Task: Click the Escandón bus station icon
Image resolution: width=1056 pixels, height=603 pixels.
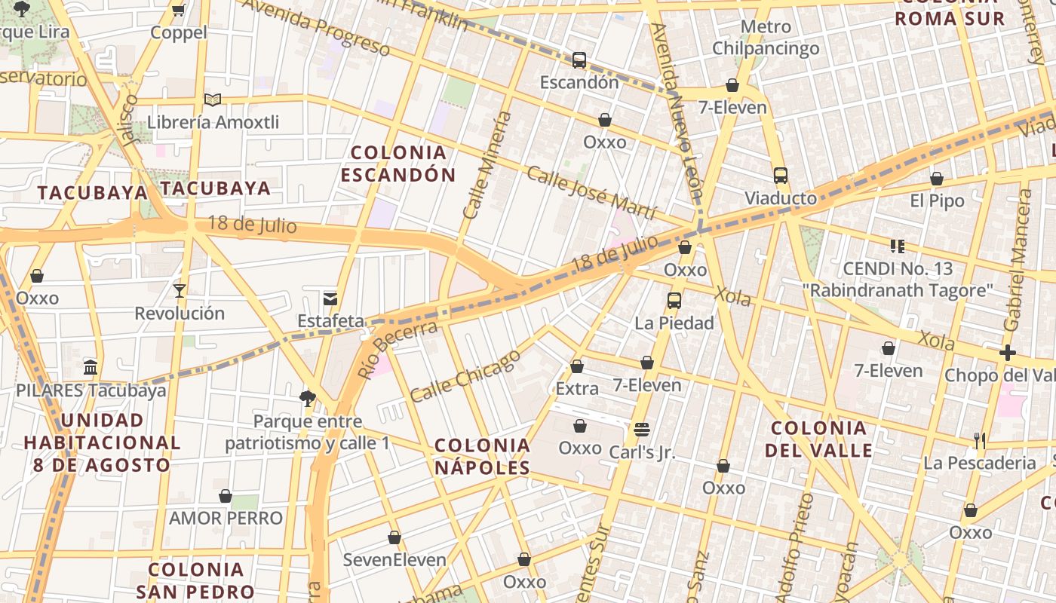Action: (x=579, y=60)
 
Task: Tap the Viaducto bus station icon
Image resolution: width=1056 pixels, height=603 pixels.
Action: (x=781, y=176)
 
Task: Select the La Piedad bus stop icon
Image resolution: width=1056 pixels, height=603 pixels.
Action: (x=674, y=301)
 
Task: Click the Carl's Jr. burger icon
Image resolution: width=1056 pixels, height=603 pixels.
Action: (x=642, y=430)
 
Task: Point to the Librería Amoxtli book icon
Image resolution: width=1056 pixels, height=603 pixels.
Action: (x=213, y=99)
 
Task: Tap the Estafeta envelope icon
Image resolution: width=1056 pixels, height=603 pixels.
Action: (x=330, y=298)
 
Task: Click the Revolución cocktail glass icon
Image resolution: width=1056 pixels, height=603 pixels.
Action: (x=180, y=290)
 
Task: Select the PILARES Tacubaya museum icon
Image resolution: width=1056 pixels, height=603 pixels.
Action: (x=91, y=368)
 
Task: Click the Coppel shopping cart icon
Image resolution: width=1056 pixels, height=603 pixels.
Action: (x=179, y=10)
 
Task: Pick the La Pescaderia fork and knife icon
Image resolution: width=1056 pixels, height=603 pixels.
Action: (x=980, y=440)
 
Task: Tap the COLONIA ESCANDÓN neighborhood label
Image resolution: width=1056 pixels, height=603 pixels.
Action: (x=398, y=164)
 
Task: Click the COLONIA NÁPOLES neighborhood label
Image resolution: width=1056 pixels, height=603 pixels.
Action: (x=483, y=456)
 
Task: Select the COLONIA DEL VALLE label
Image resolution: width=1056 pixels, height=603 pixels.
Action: (x=818, y=439)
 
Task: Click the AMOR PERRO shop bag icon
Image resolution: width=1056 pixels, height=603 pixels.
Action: (x=226, y=496)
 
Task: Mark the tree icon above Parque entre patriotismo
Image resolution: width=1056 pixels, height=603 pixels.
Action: (x=307, y=398)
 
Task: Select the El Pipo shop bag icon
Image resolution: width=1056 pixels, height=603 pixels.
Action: (x=937, y=179)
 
